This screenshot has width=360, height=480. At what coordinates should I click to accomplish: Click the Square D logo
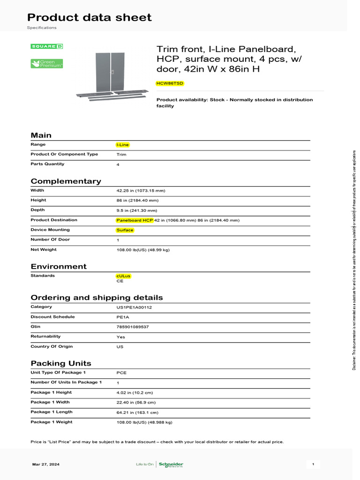[47, 46]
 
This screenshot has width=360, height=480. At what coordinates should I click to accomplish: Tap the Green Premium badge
[47, 64]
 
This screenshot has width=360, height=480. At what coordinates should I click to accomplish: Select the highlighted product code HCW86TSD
[170, 83]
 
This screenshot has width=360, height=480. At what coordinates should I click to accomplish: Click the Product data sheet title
[89, 17]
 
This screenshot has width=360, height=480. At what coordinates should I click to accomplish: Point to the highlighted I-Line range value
[122, 145]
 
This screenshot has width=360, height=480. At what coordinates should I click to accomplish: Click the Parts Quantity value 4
[118, 165]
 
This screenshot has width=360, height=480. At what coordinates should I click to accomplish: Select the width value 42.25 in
[141, 191]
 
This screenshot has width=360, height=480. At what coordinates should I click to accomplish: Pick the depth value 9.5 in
[136, 210]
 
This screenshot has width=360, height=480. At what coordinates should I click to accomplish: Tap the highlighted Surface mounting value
[125, 230]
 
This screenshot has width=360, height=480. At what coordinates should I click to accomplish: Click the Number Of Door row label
[50, 240]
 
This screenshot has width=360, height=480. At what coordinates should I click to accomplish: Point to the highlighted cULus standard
[123, 276]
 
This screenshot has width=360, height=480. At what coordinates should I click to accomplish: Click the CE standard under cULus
[120, 281]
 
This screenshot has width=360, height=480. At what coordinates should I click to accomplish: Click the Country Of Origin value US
[120, 347]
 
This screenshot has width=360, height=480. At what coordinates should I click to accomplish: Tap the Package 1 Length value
[137, 412]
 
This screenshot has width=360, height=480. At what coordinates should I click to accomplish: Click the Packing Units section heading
[61, 363]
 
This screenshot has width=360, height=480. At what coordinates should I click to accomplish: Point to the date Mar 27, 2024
[46, 465]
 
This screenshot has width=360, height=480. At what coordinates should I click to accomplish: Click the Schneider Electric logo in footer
[171, 465]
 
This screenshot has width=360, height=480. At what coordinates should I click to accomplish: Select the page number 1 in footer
[313, 465]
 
